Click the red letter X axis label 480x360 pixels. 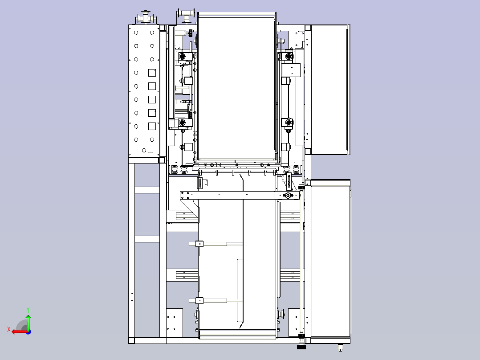click(x=9, y=329)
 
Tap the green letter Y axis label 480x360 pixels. click(x=28, y=310)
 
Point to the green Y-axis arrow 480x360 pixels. click(x=28, y=322)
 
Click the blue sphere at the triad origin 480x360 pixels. click(x=28, y=332)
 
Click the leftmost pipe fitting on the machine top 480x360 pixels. click(x=146, y=17)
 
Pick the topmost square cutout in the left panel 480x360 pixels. click(x=152, y=73)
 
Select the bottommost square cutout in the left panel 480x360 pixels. click(x=152, y=126)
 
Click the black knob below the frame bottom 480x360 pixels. click(x=301, y=347)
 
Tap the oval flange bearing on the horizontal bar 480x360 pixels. click(x=288, y=196)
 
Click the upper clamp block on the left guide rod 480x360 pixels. click(x=199, y=244)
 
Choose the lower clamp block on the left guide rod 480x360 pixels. click(x=199, y=301)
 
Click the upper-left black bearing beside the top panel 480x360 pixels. click(x=182, y=57)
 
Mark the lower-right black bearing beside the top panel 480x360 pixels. click(x=288, y=123)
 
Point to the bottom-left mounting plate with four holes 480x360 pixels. click(x=175, y=323)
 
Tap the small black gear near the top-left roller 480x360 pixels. click(x=191, y=32)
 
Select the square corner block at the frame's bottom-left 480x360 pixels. click(x=131, y=340)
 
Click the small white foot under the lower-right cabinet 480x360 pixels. click(x=340, y=349)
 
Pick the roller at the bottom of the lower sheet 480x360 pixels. click(x=238, y=334)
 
